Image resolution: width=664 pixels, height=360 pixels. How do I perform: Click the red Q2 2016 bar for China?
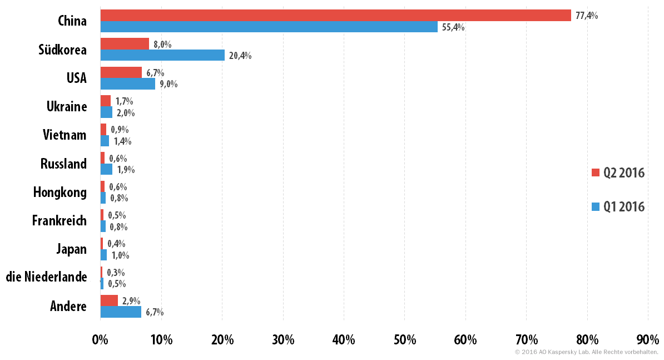[336, 15]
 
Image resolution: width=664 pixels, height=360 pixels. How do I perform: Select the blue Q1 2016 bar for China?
[269, 27]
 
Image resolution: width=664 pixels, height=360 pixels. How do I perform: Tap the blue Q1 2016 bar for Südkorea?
[162, 55]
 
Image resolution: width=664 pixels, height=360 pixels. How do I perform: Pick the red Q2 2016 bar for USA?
[121, 72]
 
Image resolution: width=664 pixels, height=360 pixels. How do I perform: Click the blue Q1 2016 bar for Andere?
[121, 312]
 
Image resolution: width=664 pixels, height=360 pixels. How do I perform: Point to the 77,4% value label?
[587, 16]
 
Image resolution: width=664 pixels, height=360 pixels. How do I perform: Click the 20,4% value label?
[240, 56]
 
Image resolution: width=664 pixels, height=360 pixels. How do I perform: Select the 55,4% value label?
[453, 27]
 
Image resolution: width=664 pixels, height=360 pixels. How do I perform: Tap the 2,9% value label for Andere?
[131, 300]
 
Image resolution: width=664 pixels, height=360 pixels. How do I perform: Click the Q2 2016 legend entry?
[618, 173]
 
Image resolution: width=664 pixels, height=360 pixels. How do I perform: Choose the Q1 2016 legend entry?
[618, 206]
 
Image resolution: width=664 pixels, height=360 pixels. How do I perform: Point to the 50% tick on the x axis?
[405, 339]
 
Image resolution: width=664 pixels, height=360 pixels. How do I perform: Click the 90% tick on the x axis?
[648, 339]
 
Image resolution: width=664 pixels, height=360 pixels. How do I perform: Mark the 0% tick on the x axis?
[100, 339]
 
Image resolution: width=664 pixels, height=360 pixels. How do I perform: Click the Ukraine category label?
[67, 106]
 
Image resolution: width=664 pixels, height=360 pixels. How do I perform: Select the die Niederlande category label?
[47, 277]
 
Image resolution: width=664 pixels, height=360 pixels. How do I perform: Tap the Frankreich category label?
[60, 220]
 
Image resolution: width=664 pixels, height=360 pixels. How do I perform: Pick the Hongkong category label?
[60, 193]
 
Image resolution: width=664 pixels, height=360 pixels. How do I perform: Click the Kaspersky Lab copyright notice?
[587, 352]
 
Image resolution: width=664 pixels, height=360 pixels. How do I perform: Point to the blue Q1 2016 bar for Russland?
[106, 169]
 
